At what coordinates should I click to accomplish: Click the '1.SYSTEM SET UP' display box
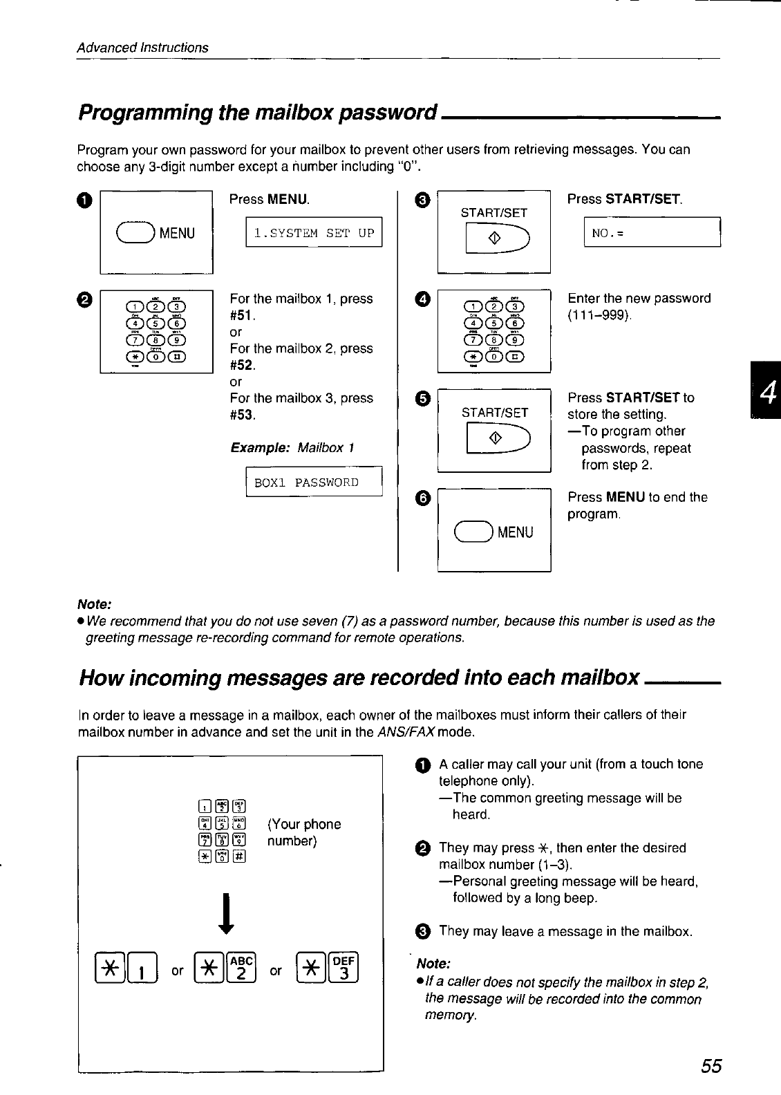[314, 232]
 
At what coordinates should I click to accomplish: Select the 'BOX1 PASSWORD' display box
[314, 482]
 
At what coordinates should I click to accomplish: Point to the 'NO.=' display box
[652, 232]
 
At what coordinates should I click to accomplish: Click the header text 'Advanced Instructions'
[142, 48]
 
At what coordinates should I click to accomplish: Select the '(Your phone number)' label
[303, 832]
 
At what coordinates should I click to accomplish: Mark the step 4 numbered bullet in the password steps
[423, 299]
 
